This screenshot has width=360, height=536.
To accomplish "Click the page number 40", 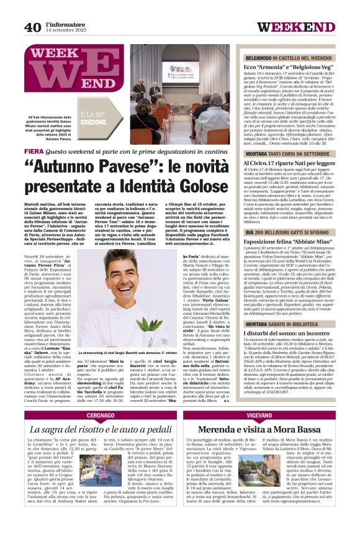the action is [x=33, y=27].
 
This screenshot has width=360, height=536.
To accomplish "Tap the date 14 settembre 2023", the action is [x=68, y=30].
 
